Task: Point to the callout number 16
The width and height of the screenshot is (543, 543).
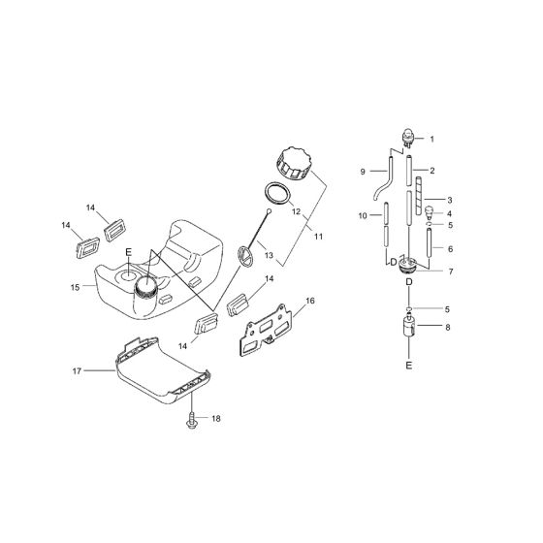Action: pos(309,302)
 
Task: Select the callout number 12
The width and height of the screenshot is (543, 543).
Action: pos(295,210)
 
